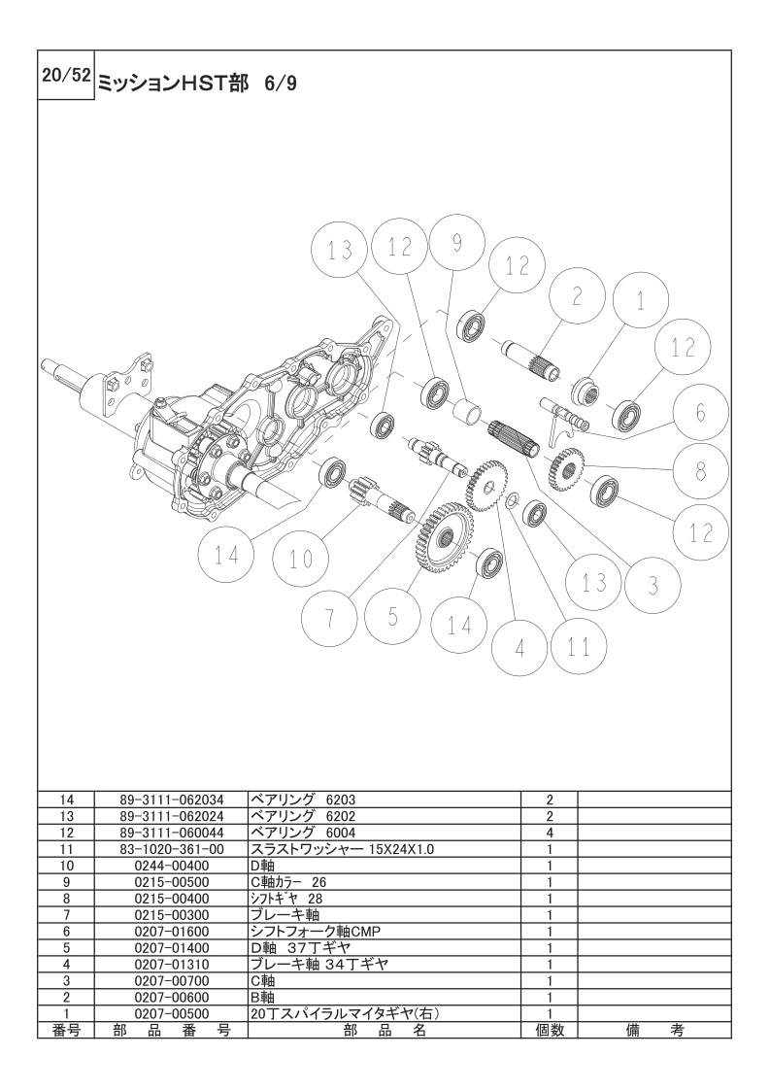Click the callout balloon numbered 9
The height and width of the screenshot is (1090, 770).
(456, 242)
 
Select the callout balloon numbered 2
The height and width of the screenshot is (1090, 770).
(577, 297)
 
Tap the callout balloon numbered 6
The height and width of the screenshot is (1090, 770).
(700, 413)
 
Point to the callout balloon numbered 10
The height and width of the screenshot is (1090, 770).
(301, 559)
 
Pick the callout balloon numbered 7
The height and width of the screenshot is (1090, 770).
(330, 617)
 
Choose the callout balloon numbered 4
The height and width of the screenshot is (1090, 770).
(519, 648)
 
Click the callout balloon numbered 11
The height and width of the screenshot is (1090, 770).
(578, 646)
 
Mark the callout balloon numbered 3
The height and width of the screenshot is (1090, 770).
(653, 586)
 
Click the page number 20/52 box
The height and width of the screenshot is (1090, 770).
(66, 76)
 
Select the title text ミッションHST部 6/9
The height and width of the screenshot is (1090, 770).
(197, 84)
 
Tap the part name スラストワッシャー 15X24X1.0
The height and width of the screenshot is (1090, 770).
(342, 849)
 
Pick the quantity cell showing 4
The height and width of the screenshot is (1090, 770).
(550, 833)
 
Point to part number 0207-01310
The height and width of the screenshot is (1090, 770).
(172, 964)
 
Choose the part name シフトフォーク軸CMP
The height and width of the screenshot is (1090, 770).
(315, 932)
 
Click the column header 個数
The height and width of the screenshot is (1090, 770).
(550, 1030)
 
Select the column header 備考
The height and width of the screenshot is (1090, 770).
(654, 1030)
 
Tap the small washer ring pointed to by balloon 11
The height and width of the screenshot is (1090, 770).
(513, 499)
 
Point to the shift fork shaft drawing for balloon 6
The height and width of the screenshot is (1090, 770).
(565, 417)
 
